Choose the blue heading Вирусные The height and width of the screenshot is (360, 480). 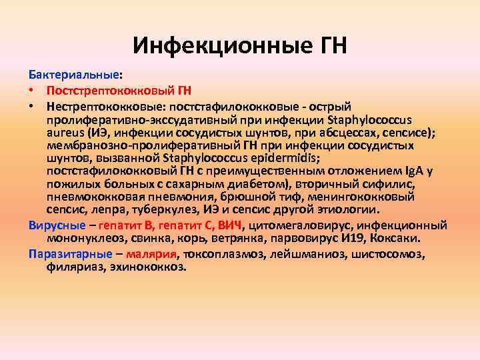[57, 225]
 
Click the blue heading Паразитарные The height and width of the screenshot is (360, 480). [68, 253]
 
